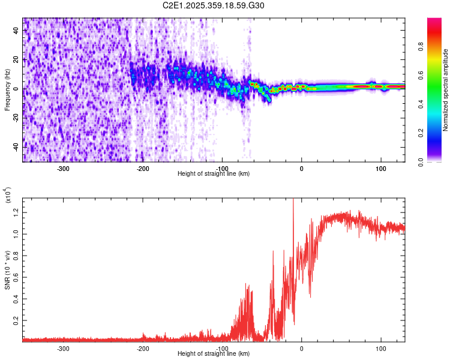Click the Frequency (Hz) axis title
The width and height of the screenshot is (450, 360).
[7, 90]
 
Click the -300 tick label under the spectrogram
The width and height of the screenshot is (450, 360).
[63, 168]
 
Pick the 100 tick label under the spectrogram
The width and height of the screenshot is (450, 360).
[380, 168]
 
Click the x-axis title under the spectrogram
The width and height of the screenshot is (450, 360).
[214, 174]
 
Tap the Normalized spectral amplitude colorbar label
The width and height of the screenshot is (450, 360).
[446, 90]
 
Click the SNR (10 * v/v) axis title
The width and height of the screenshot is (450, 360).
[7, 270]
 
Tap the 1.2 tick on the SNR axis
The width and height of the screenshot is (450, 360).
[16, 211]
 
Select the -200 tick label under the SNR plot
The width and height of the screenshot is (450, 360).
[143, 348]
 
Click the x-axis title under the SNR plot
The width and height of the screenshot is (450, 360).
[214, 354]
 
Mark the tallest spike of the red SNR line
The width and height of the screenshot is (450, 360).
[293, 200]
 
